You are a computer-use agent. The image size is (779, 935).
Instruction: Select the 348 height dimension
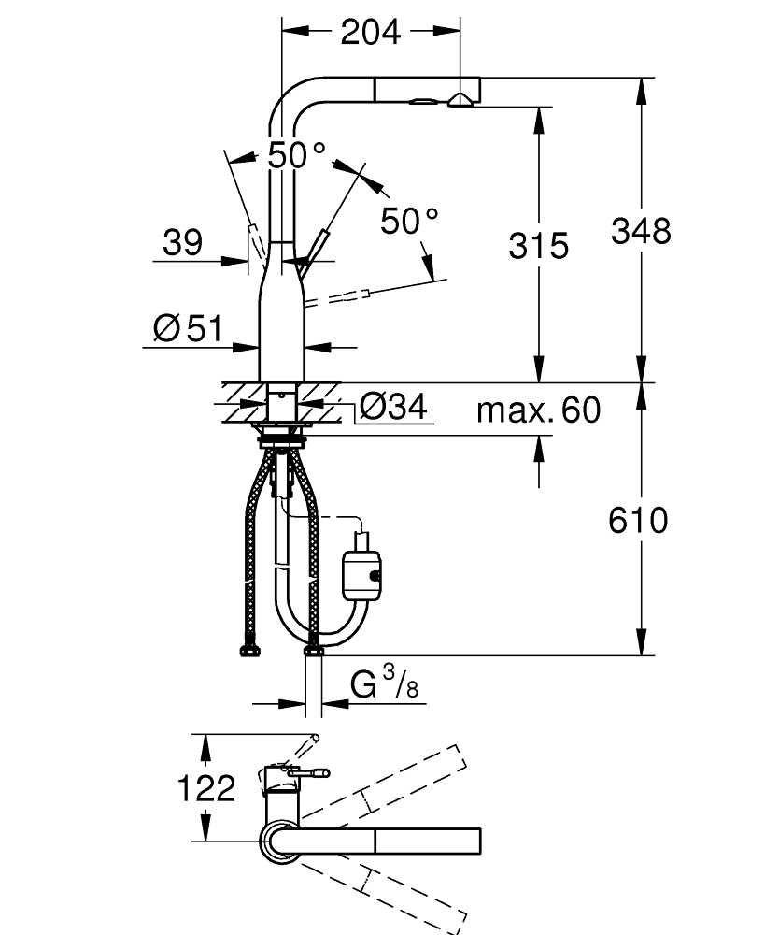[641, 231]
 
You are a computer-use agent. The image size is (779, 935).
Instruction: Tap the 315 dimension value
[538, 246]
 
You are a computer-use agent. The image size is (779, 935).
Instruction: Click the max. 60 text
[538, 410]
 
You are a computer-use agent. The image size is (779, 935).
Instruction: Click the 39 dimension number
[182, 244]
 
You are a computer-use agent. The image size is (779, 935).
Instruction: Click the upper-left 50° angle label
[296, 155]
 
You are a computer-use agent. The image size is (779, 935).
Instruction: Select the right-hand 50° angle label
[409, 221]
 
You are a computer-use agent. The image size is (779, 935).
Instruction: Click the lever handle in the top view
[308, 772]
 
